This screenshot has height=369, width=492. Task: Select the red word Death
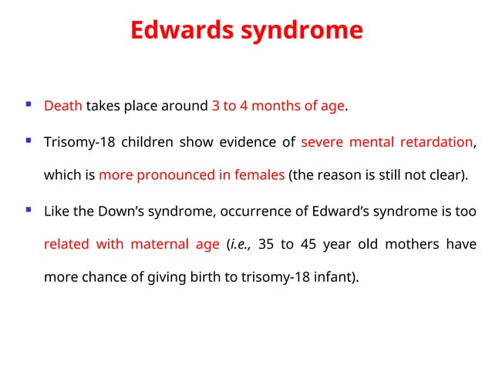pyautogui.click(x=63, y=106)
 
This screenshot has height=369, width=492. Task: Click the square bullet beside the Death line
pyautogui.click(x=29, y=104)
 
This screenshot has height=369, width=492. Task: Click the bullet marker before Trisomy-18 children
pyautogui.click(x=29, y=140)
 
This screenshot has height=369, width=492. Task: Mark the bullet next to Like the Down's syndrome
pyautogui.click(x=29, y=209)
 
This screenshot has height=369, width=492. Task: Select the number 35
pyautogui.click(x=266, y=245)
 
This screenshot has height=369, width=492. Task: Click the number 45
pyautogui.click(x=311, y=245)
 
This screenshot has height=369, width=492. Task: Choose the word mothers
pyautogui.click(x=416, y=245)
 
